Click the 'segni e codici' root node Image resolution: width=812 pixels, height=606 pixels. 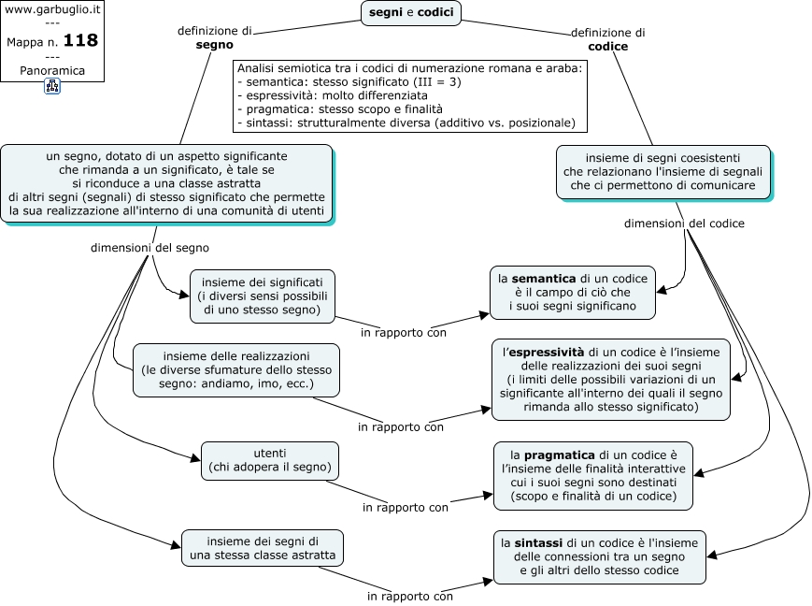(410, 13)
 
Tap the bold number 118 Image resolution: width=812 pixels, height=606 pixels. (80, 40)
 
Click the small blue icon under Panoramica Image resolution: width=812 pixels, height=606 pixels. (52, 86)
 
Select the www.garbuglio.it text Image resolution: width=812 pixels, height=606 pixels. (52, 9)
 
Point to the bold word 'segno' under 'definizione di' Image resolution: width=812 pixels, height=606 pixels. (214, 45)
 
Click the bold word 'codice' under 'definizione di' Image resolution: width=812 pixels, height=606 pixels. (608, 47)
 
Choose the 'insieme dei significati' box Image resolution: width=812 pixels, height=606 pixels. (263, 296)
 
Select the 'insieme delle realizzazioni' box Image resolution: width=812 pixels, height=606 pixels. (236, 370)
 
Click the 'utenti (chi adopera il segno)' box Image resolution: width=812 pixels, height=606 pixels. (270, 461)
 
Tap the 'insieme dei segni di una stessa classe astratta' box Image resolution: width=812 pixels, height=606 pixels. (263, 548)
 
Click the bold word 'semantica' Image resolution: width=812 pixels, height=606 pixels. (544, 279)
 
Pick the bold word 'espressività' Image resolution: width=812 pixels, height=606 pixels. (547, 353)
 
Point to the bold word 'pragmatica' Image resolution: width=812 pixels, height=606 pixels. (560, 455)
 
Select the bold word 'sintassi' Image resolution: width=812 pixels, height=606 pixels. (538, 543)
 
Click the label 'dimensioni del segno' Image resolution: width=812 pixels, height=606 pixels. (150, 249)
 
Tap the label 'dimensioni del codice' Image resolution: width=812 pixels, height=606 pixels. (684, 224)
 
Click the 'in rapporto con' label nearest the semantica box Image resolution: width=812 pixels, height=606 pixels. (404, 333)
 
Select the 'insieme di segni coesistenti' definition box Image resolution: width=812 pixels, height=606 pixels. (663, 172)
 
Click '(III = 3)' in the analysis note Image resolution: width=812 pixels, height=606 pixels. (435, 82)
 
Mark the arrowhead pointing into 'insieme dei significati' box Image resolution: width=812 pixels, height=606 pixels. (184, 295)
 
